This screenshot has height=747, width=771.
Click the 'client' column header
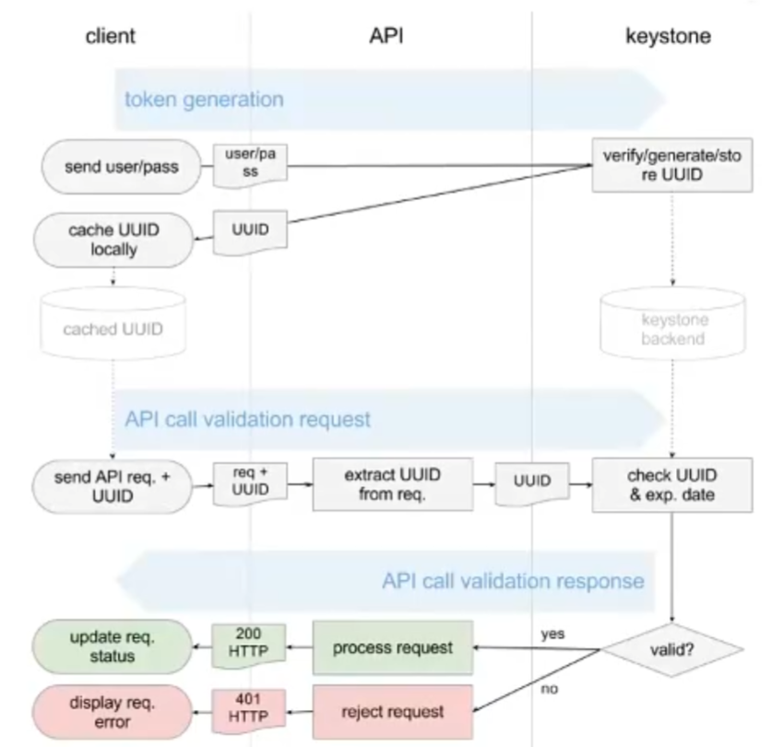[x=110, y=36]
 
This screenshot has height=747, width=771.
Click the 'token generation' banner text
[x=204, y=97]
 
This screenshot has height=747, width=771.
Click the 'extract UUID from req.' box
[x=392, y=483]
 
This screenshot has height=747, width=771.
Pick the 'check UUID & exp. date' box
[x=658, y=483]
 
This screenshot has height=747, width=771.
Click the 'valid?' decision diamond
[x=673, y=648]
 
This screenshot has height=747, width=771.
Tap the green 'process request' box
[x=392, y=647]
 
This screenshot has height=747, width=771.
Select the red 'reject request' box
[x=392, y=711]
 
